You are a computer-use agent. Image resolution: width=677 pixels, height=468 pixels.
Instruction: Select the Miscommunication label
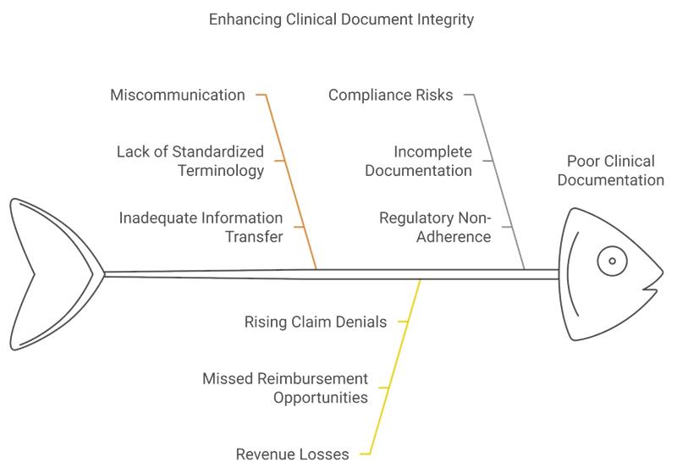(x=178, y=95)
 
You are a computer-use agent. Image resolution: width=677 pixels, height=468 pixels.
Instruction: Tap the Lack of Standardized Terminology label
(x=190, y=161)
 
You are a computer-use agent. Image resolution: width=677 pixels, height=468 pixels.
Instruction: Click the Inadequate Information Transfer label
(x=201, y=227)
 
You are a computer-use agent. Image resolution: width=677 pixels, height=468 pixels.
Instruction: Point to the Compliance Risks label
(x=391, y=95)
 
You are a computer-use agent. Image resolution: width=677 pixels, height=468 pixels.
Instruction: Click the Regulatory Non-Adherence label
(x=435, y=227)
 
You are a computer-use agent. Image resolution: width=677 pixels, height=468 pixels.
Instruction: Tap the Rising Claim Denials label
(x=315, y=322)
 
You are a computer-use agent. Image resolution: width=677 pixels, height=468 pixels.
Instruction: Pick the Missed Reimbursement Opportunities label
(x=285, y=388)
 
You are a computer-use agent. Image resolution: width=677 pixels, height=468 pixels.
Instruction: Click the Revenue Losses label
(x=292, y=454)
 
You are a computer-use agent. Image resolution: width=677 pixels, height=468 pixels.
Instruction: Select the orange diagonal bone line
(x=292, y=182)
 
